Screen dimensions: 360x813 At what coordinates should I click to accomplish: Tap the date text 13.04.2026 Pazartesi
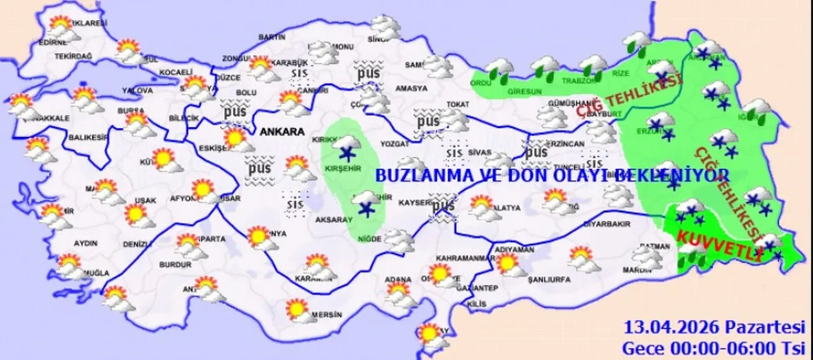714,328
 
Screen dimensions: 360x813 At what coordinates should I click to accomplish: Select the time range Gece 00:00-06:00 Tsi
714,347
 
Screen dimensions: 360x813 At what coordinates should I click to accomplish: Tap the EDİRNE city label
53,43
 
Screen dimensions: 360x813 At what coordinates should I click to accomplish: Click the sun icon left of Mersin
297,309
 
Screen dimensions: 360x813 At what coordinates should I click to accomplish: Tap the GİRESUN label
525,92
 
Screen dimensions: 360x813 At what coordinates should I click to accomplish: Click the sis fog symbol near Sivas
454,152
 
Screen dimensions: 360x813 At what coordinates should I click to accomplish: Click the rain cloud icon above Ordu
499,68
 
